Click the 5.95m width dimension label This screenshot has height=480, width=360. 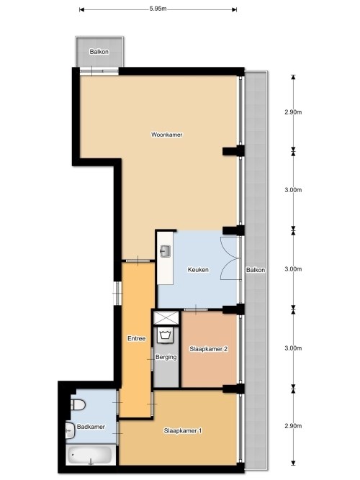pos(158,9)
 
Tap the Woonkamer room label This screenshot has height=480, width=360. pos(166,135)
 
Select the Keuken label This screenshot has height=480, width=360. pos(198,270)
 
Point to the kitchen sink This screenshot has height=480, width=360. pos(166,251)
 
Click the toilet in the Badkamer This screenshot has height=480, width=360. pos(78,405)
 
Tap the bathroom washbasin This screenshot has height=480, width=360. pos(71,431)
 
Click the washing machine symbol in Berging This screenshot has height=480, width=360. pos(166,335)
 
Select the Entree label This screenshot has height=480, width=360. pos(136,338)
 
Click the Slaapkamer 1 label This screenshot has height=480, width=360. pos(183,431)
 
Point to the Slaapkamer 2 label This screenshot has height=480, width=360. pos(208,349)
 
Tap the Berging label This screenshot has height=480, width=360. pos(166,357)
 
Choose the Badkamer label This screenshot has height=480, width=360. pos(91,427)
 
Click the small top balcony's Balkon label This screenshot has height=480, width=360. pos(99,52)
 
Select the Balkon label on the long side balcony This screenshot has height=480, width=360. pos(256,270)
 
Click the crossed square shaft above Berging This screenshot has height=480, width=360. pos(166,318)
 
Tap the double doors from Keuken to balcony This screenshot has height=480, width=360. pos(230,258)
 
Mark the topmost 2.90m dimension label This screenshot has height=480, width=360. pos(293,112)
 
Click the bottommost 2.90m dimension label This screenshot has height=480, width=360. pos(293,426)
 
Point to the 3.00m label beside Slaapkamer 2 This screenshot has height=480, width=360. pos(293,348)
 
